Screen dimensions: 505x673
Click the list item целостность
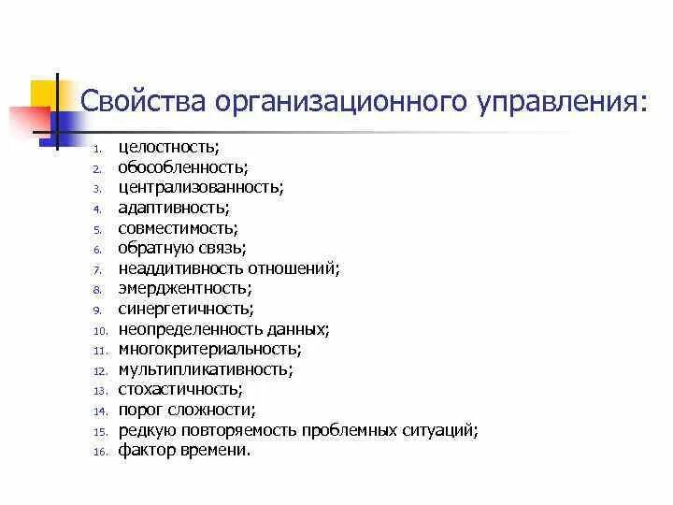166,148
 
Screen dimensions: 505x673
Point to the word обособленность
182,167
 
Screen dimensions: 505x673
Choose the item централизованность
200,187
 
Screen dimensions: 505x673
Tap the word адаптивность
172,208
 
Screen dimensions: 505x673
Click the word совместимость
178,227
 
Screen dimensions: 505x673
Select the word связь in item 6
224,248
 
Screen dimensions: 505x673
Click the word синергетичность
185,309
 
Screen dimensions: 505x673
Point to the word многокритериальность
208,349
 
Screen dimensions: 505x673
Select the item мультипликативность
205,369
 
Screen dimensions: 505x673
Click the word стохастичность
179,389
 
